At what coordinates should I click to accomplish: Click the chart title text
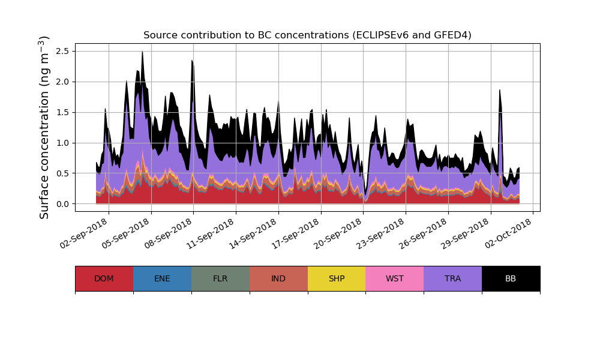307,35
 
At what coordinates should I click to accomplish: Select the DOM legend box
104,278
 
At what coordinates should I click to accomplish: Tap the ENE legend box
162,278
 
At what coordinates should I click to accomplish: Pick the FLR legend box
220,278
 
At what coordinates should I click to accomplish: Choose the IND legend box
278,278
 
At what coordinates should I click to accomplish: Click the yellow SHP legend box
337,278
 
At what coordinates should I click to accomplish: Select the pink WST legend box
394,278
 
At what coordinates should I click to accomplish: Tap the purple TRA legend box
452,278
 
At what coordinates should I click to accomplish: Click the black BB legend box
511,278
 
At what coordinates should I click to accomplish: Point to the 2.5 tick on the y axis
63,51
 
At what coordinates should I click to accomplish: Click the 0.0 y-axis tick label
63,204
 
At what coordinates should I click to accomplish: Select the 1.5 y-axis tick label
63,112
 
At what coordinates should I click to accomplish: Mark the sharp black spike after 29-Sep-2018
500,92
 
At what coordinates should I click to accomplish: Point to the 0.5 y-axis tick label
63,173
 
